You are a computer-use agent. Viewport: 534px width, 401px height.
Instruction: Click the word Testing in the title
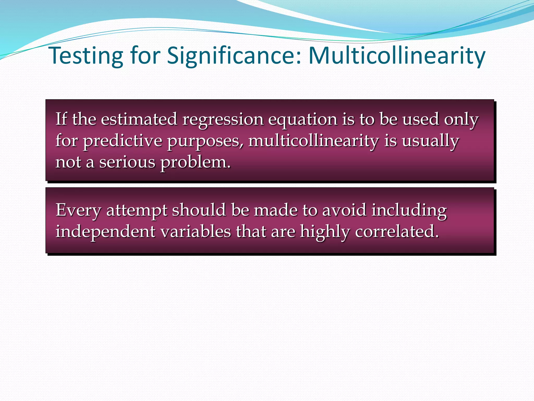(x=86, y=56)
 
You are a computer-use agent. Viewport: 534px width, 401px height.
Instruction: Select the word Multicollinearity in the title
(x=397, y=56)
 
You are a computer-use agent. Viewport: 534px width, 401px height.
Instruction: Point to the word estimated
(x=139, y=119)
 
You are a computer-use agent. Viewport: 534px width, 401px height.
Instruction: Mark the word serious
(x=127, y=162)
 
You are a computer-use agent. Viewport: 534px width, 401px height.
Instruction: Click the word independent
(x=106, y=232)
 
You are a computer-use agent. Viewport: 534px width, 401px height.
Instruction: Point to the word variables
(x=196, y=231)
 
